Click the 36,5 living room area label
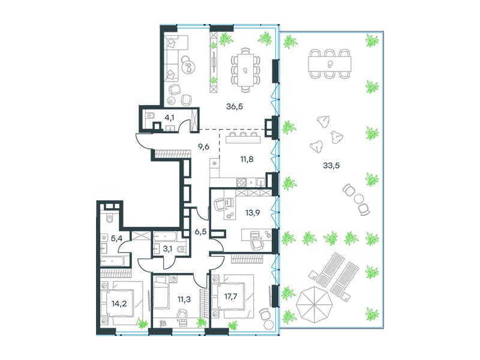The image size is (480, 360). coord(235,107)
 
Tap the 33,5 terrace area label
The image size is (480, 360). coord(331,166)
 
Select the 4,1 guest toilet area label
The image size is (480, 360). coord(170,118)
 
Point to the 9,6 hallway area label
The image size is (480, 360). coord(203,146)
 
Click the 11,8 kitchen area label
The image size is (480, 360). coord(247,159)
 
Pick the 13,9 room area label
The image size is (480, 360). coord(253,212)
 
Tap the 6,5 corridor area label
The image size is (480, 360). coord(200,232)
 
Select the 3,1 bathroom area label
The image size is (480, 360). coord(167,249)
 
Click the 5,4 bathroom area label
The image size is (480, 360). coord(116,238)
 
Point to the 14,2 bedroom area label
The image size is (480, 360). coord(119,304)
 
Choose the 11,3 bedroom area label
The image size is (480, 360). coord(184,299)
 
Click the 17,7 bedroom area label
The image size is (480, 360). coord(230,296)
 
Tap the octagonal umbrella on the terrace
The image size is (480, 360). coord(314,304)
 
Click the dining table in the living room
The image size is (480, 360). coord(245,70)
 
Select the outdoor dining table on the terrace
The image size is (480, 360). coord(329,64)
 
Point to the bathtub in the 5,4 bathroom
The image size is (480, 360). coord(112,261)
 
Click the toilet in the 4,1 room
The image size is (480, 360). coord(151,116)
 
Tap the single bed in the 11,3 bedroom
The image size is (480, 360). coord(161,292)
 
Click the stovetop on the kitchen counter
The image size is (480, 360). coord(241,182)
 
